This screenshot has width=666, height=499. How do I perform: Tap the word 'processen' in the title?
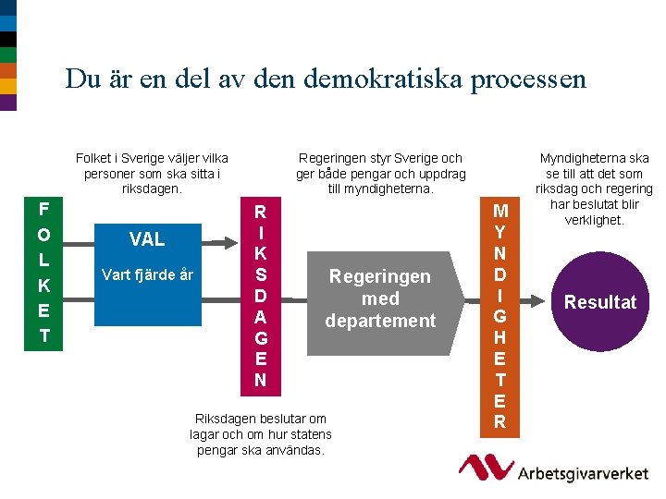tap(528, 79)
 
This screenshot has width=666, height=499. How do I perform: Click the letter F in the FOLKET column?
tap(43, 209)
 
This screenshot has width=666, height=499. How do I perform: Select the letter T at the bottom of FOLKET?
tap(43, 335)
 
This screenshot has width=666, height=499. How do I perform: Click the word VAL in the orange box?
tap(147, 240)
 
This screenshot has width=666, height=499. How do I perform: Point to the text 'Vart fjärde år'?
tap(147, 274)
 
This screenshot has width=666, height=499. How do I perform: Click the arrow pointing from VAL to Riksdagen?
tap(233, 241)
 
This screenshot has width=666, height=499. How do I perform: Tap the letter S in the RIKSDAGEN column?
tap(261, 274)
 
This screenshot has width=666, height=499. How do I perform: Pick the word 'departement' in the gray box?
tap(379, 322)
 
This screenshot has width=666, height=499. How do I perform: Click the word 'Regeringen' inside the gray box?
tap(379, 277)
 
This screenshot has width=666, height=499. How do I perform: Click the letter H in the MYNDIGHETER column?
tap(499, 337)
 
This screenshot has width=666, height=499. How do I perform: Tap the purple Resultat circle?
tap(600, 302)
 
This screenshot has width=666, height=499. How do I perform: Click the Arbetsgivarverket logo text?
tap(584, 473)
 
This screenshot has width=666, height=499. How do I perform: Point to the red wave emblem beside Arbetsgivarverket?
tap(487, 467)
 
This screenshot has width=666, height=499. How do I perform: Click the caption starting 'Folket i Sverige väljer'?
tap(152, 173)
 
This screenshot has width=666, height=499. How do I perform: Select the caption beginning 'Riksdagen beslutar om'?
tap(261, 434)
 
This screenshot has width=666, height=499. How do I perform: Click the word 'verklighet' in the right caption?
tap(598, 220)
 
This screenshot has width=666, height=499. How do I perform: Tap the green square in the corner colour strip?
tap(8, 55)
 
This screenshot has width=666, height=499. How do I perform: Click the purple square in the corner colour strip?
tap(8, 102)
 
